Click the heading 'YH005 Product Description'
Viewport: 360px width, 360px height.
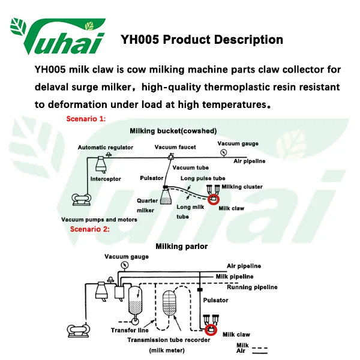[202, 40]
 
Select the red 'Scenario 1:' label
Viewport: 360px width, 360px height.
[86, 119]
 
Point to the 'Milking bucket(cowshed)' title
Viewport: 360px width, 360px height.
[173, 130]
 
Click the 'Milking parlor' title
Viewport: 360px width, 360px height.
[182, 246]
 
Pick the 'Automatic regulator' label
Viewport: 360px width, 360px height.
[106, 147]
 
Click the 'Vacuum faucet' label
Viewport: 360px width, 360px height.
[175, 147]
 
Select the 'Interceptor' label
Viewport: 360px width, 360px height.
[106, 179]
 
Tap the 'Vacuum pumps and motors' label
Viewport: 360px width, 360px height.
[99, 220]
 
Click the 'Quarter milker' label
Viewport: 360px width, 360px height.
[147, 205]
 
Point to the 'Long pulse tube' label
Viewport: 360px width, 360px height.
[203, 178]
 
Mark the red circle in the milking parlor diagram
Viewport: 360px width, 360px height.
[211, 329]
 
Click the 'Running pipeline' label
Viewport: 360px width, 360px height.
[252, 287]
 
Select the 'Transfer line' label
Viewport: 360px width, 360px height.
[130, 330]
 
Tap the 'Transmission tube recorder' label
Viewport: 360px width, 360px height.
[169, 340]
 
